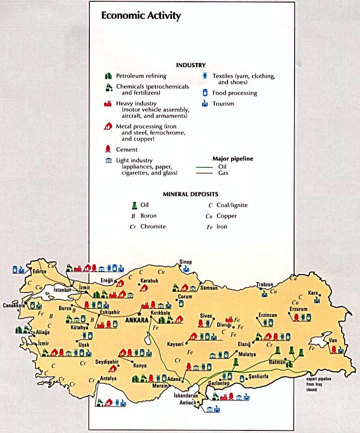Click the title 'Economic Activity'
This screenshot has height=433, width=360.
[141, 16]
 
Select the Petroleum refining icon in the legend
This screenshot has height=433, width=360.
[109, 76]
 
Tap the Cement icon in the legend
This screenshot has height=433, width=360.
[109, 149]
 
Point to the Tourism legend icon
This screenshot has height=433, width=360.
[205, 104]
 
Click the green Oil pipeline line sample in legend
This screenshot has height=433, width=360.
[205, 167]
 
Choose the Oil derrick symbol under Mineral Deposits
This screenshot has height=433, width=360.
[134, 205]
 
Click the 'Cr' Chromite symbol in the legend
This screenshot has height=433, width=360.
[133, 226]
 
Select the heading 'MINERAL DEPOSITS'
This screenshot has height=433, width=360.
[190, 194]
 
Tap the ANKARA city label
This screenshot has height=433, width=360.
[136, 320]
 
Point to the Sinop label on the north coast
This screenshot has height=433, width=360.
[185, 262]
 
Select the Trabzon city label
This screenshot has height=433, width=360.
[265, 285]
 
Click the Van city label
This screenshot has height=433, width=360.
[333, 340]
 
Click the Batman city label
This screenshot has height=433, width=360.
[277, 362]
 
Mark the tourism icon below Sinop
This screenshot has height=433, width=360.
[186, 269]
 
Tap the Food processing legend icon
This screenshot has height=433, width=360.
[205, 93]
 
